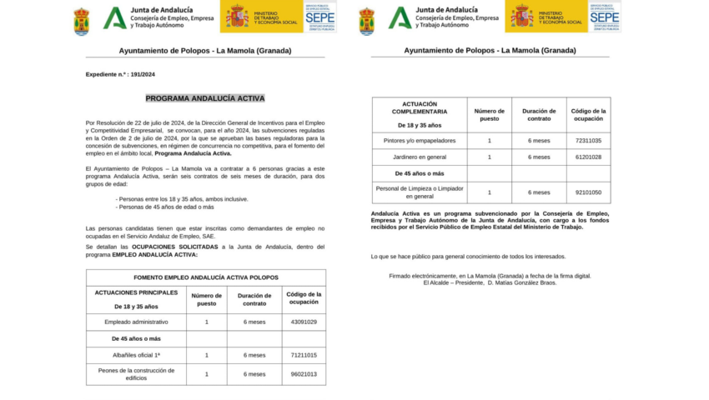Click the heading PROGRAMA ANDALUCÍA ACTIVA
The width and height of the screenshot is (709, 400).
(205, 98)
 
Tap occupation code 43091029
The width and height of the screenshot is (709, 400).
(303, 322)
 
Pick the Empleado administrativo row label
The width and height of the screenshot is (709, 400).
(136, 322)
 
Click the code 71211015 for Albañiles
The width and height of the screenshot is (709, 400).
(303, 355)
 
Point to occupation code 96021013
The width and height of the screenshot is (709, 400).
(303, 374)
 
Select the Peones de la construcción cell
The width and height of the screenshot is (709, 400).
(136, 374)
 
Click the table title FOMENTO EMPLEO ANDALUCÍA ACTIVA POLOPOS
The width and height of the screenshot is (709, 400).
(205, 277)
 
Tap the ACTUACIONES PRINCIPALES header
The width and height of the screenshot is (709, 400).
(136, 292)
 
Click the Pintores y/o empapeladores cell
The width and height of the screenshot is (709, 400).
(419, 140)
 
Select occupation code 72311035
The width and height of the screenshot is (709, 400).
(588, 140)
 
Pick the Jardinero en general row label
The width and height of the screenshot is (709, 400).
(419, 157)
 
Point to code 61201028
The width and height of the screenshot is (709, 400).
(588, 157)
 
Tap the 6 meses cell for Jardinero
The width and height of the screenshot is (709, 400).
(539, 157)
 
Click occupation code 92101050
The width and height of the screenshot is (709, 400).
(588, 192)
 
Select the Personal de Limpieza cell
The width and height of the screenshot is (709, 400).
(419, 192)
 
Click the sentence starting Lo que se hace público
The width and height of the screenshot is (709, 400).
(468, 257)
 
